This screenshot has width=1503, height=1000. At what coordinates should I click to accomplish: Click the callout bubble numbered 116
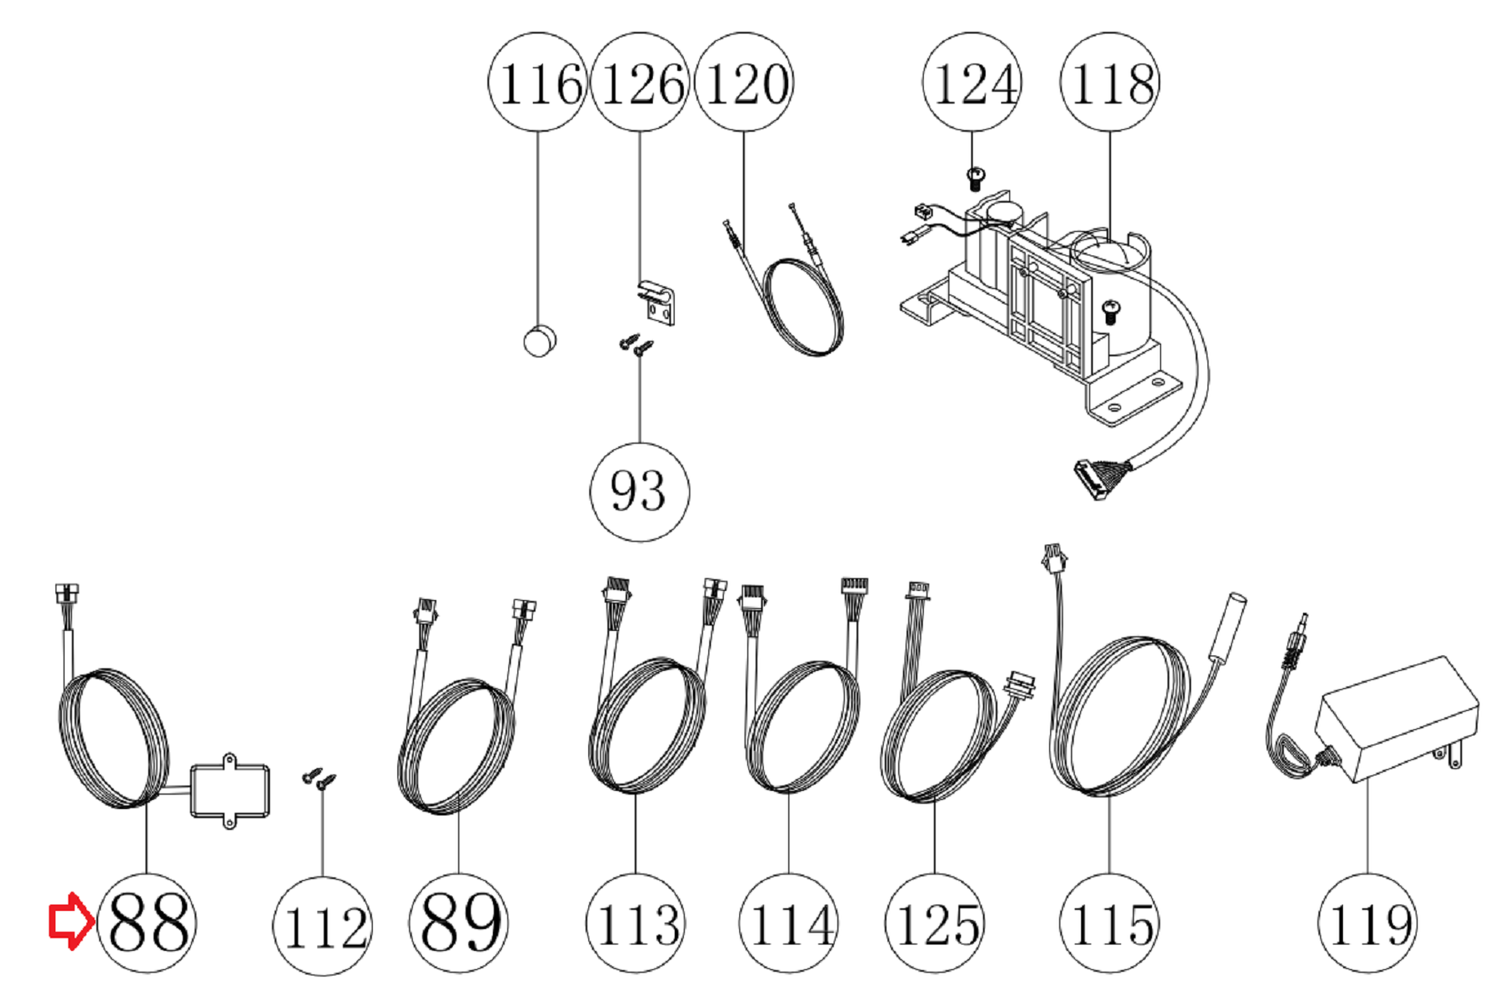tap(537, 82)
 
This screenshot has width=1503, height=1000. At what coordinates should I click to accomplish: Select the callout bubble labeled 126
tap(639, 82)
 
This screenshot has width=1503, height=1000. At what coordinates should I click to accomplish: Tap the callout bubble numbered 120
tap(744, 82)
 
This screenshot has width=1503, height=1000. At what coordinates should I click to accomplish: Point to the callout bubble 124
tap(972, 82)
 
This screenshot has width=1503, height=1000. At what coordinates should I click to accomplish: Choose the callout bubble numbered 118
tap(1110, 82)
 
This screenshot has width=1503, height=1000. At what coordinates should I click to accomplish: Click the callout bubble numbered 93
tap(639, 492)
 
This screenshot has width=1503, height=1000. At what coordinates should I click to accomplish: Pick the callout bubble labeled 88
tap(146, 923)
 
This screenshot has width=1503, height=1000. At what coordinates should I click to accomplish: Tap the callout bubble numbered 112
tap(322, 925)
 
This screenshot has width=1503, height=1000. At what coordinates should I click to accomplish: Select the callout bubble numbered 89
tap(458, 923)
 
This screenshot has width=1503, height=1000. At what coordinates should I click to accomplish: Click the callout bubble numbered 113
tap(636, 923)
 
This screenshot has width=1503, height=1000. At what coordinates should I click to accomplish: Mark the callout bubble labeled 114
tap(788, 923)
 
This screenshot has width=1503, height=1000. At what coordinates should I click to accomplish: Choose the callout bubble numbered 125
tap(935, 923)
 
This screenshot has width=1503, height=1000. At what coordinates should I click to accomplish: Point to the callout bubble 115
tap(1109, 923)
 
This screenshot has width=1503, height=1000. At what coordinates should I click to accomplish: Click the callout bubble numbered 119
tap(1368, 923)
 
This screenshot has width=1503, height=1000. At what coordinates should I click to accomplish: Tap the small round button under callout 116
tap(539, 341)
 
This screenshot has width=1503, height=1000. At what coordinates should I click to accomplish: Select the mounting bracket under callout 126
tap(656, 303)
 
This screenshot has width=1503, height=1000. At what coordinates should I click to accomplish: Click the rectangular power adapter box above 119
tap(1397, 717)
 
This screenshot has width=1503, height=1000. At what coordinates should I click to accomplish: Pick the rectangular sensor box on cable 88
tap(229, 792)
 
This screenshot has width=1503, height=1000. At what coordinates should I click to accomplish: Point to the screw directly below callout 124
tap(976, 179)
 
